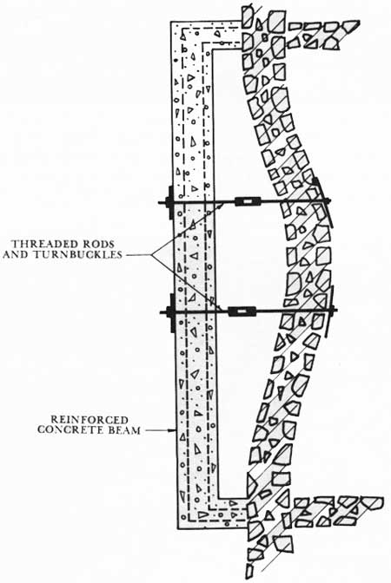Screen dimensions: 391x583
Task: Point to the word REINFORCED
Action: (89, 420)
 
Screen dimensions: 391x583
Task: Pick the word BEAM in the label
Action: (125, 430)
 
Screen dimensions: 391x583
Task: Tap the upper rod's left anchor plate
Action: (170, 202)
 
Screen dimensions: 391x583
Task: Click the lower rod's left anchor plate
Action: (172, 312)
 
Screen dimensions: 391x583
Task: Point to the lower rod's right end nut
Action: (334, 310)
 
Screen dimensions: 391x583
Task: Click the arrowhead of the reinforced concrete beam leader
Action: (173, 430)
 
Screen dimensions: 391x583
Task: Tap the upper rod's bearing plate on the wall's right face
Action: (323, 203)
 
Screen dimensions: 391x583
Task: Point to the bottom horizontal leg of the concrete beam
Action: (212, 513)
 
